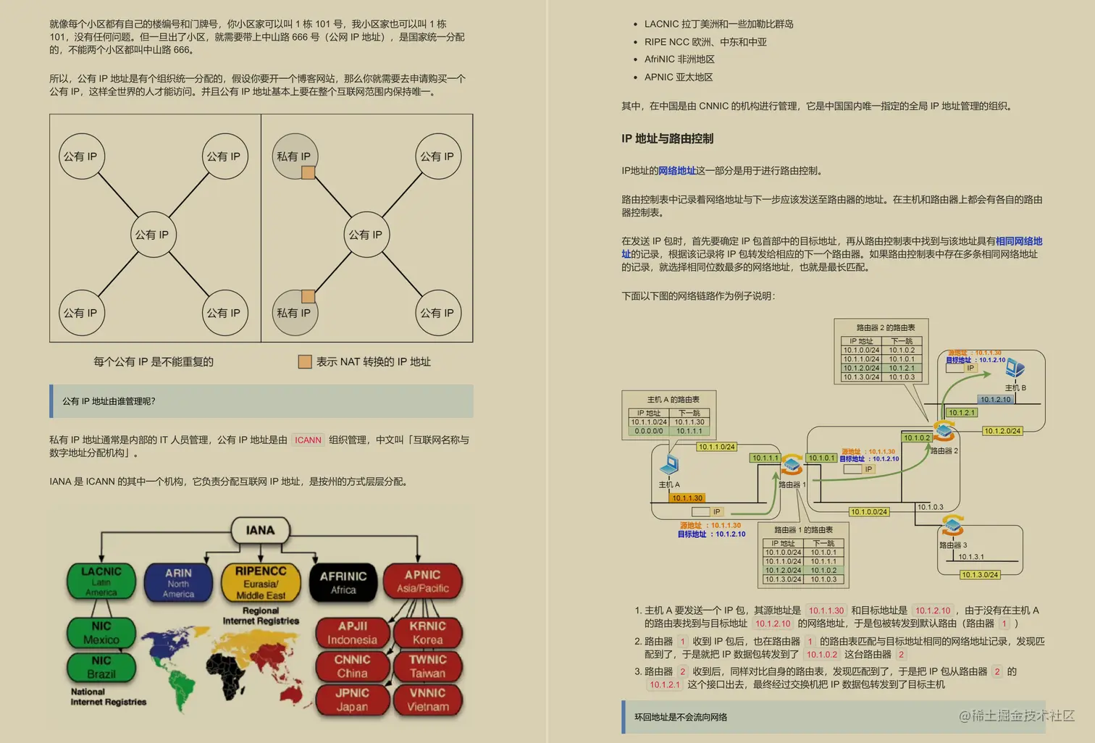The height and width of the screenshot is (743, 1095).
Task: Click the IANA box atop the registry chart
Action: (x=260, y=530)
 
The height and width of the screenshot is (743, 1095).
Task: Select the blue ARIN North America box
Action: (x=178, y=582)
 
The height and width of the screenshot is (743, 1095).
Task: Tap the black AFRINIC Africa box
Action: (x=343, y=582)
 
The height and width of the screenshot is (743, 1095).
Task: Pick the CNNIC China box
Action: (x=352, y=666)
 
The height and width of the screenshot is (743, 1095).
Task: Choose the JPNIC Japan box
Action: (x=352, y=700)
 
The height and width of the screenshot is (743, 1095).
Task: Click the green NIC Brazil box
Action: (x=101, y=667)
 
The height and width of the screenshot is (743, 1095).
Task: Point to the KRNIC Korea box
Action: (x=427, y=633)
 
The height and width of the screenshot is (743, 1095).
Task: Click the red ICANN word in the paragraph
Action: (x=308, y=440)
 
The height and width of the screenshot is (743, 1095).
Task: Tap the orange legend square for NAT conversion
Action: (x=305, y=361)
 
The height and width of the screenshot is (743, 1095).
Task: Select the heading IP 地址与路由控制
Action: (x=667, y=138)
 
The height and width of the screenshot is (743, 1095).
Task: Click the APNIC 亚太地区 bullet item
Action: (x=679, y=77)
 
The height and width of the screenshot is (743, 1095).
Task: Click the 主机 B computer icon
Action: (x=1015, y=369)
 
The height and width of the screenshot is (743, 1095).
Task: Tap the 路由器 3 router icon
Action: (x=952, y=524)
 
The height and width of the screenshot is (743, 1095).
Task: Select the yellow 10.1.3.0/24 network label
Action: (x=980, y=574)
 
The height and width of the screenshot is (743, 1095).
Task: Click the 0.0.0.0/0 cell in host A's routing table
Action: (x=648, y=431)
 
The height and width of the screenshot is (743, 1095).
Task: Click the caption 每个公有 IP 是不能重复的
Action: (x=154, y=361)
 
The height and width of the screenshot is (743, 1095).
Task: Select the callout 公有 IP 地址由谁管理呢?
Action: (x=109, y=401)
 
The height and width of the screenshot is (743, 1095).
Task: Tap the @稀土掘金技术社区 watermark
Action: (x=1016, y=715)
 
